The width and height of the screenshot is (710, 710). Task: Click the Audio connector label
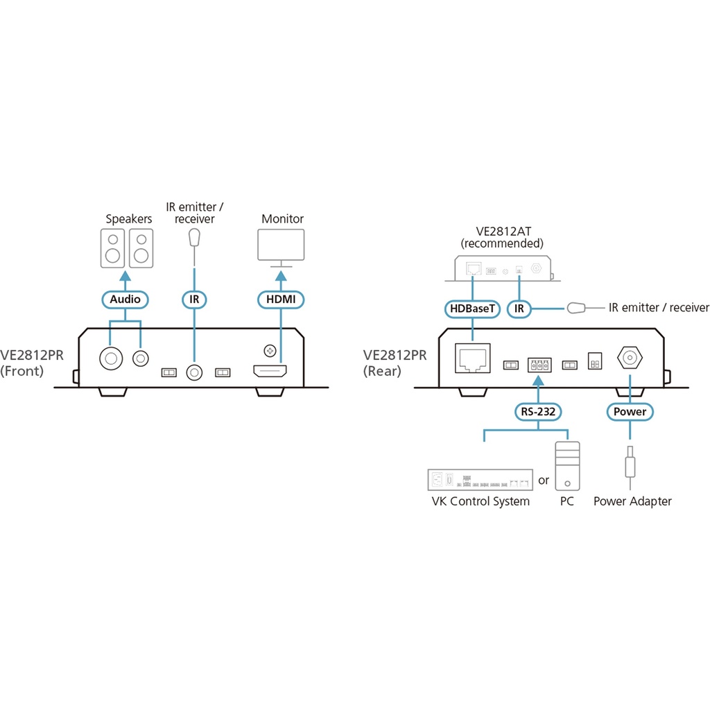125,300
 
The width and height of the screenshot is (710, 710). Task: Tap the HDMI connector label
281,300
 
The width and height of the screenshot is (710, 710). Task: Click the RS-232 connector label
538,412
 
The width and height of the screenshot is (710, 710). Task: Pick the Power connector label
630,412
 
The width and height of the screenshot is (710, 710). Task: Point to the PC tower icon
568,467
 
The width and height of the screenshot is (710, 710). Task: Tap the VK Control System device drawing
480,480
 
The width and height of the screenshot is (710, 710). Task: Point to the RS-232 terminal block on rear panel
538,363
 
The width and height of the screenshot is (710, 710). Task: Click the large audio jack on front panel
110,358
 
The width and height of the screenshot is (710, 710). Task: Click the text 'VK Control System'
480,501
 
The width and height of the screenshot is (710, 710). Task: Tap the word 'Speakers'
128,219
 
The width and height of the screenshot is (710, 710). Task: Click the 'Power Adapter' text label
632,501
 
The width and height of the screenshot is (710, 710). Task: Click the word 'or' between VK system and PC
544,480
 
